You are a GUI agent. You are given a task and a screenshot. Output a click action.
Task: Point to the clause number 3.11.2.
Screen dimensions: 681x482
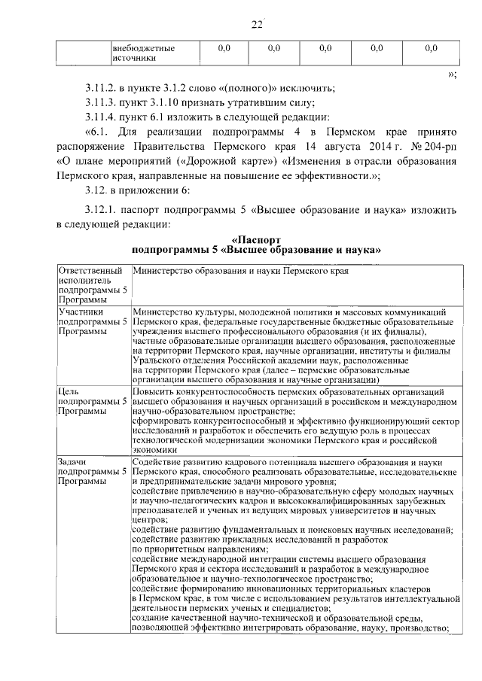(x=102, y=88)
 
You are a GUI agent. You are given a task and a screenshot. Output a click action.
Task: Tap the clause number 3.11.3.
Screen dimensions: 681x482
(x=102, y=102)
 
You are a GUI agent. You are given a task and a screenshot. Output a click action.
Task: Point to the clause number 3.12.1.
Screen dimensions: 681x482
(x=101, y=210)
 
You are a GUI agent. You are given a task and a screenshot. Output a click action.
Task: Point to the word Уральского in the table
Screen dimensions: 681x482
(x=157, y=360)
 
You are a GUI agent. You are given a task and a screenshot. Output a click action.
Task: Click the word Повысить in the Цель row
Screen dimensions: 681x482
(x=153, y=392)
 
